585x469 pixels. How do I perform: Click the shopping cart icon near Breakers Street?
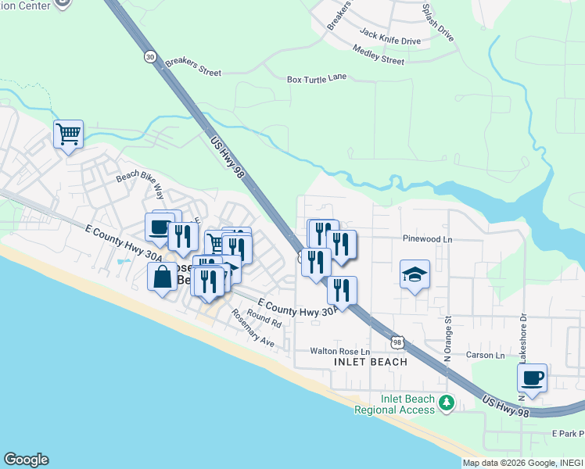click(x=68, y=134)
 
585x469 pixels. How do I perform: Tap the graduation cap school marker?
click(x=415, y=274)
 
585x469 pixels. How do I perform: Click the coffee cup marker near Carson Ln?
click(x=532, y=378)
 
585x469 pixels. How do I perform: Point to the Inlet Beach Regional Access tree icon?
click(x=446, y=403)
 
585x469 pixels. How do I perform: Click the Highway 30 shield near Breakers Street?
click(x=150, y=56)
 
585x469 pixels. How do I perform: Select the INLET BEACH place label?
click(x=371, y=362)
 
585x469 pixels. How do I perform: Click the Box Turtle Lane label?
click(x=317, y=79)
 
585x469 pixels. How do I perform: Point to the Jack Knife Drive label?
click(x=390, y=36)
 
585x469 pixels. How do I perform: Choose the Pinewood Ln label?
click(x=428, y=238)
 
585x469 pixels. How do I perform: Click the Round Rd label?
click(x=264, y=317)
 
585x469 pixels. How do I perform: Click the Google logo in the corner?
click(x=26, y=460)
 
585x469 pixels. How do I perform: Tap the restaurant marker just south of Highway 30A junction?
click(x=342, y=291)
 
